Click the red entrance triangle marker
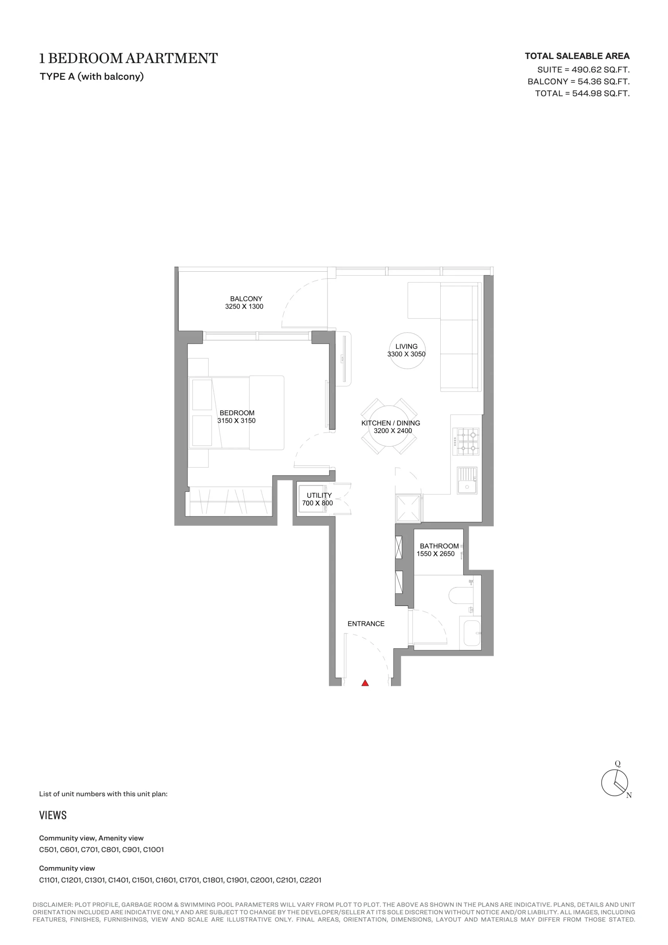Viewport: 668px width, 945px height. point(365,683)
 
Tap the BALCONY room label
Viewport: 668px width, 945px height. point(246,299)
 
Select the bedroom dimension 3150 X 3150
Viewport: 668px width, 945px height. point(237,421)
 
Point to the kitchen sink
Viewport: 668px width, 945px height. point(467,480)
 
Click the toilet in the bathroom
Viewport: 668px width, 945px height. point(461,596)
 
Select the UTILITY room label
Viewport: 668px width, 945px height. point(319,495)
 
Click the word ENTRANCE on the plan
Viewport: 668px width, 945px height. point(366,623)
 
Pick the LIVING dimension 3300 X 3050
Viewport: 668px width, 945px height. point(406,354)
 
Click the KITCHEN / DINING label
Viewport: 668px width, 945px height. point(390,423)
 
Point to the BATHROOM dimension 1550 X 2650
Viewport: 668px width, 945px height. point(435,554)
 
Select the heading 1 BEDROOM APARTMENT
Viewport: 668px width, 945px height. point(128,58)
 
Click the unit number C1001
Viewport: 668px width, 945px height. point(153,849)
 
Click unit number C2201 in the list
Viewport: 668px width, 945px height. point(310,880)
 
